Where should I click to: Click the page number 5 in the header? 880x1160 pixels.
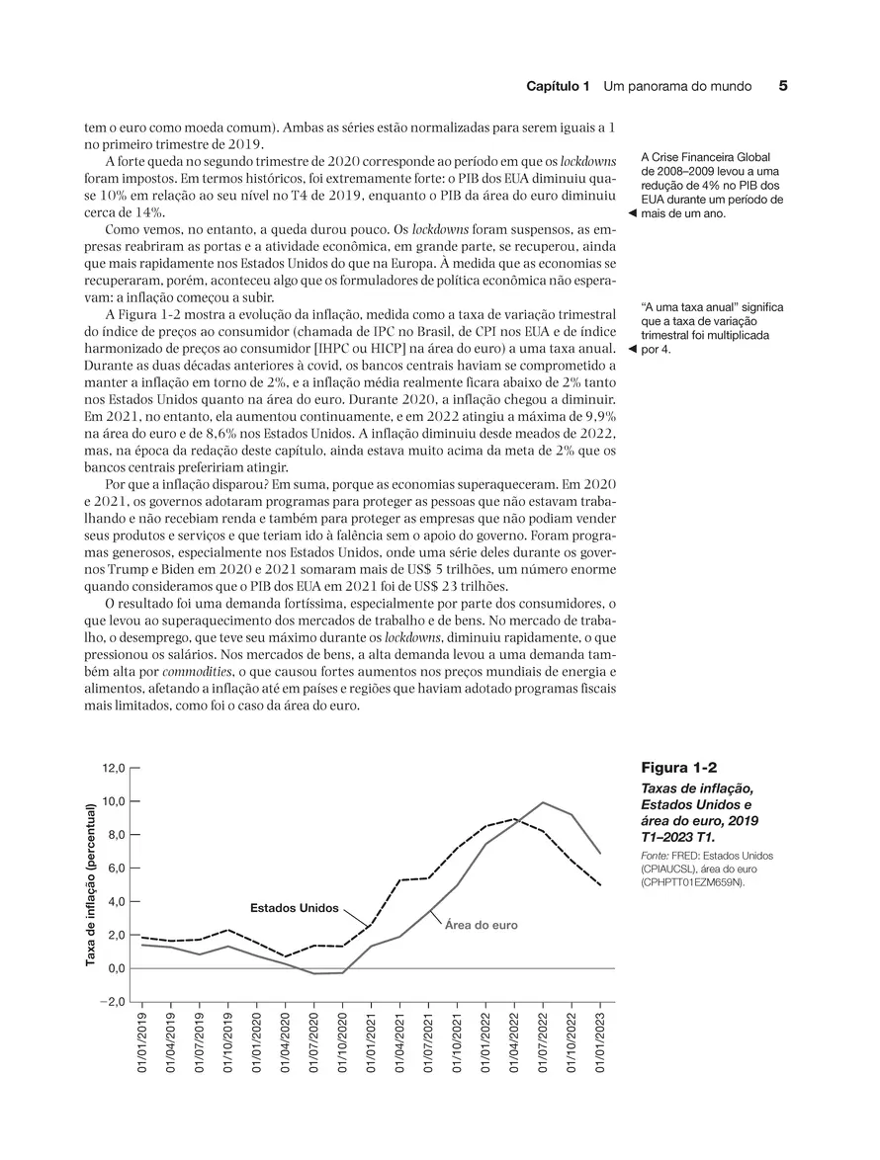[x=783, y=86]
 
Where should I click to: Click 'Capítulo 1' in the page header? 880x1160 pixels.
[x=558, y=87]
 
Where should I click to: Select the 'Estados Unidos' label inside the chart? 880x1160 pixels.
[x=294, y=907]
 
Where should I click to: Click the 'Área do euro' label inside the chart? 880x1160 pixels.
[x=482, y=926]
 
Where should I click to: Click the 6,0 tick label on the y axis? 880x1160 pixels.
[x=113, y=869]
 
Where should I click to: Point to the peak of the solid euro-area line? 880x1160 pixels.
[x=543, y=802]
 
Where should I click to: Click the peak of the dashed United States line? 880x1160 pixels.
[x=514, y=819]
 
